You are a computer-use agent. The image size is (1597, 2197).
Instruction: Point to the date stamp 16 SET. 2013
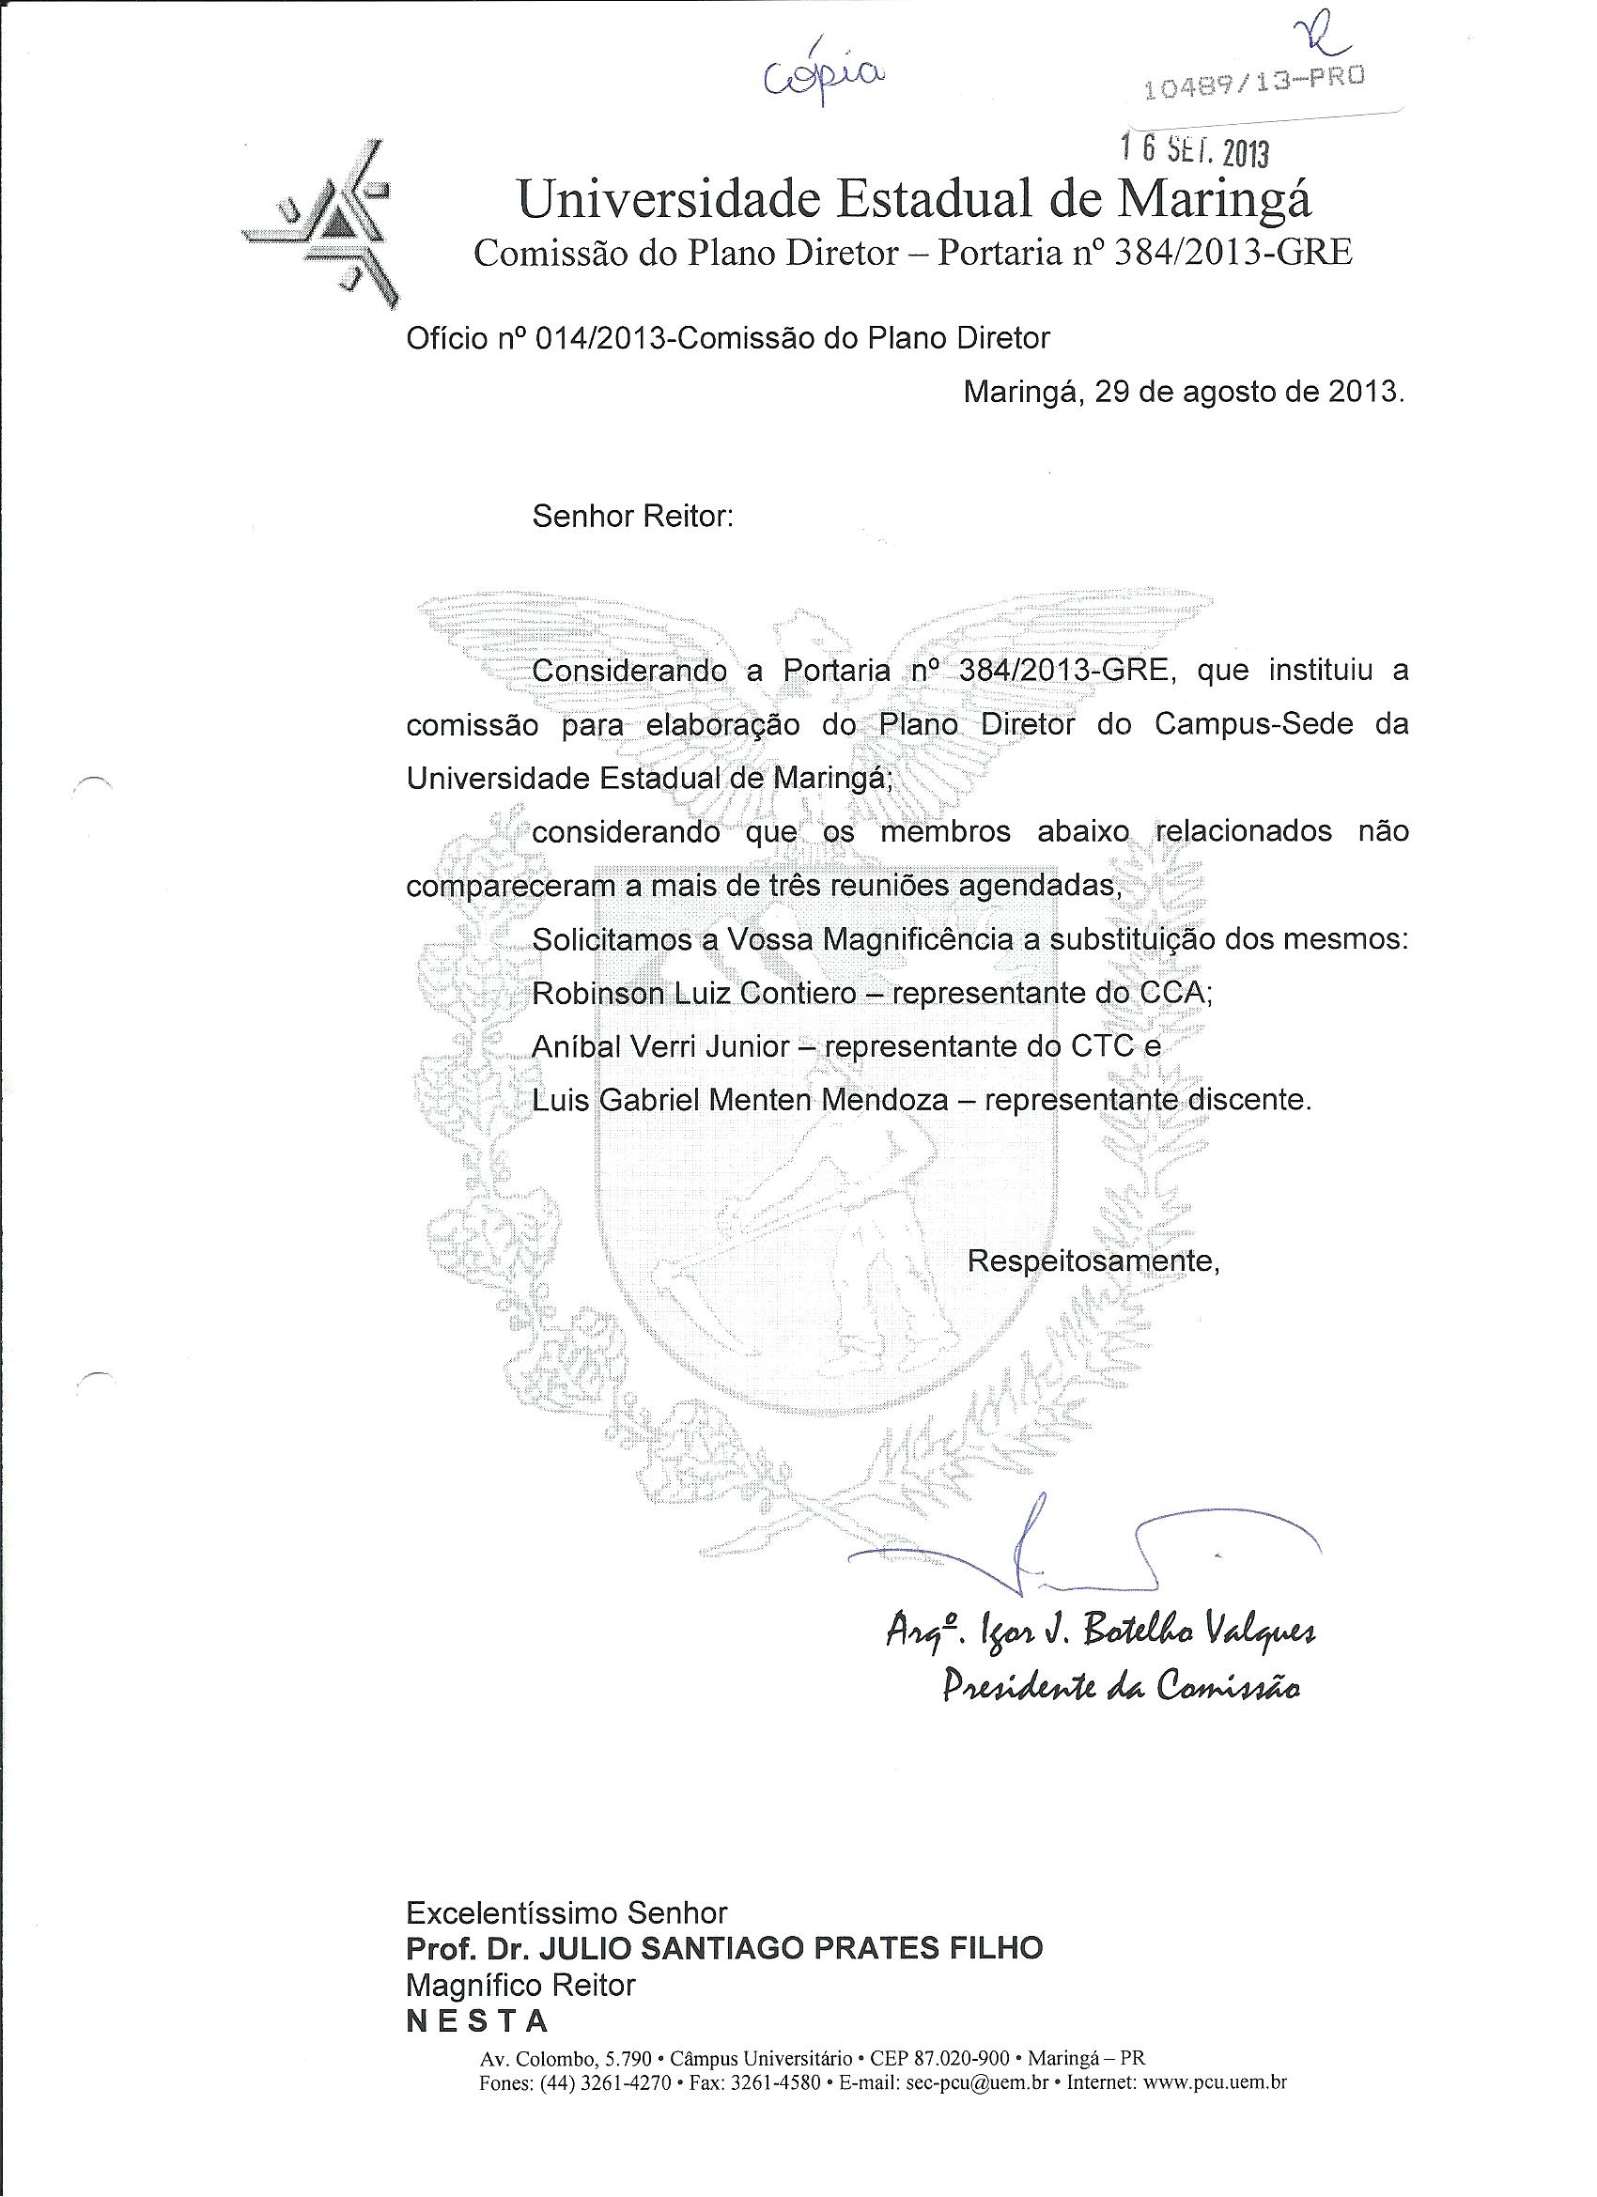point(1194,150)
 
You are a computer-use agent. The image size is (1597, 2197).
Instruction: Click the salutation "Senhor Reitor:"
point(633,517)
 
